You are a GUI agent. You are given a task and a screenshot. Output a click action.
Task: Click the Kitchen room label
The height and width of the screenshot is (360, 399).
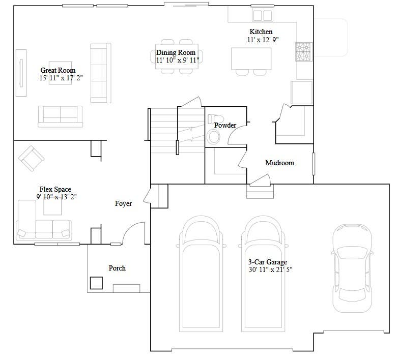(261, 32)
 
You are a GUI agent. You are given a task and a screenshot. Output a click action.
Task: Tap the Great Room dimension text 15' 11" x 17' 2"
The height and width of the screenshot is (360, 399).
(61, 78)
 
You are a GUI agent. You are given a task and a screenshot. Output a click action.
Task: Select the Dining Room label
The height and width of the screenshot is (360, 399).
(176, 52)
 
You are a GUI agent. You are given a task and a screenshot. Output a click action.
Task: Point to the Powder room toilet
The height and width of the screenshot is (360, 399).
(215, 119)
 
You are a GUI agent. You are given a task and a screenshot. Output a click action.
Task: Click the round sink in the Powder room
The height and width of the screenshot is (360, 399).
(214, 137)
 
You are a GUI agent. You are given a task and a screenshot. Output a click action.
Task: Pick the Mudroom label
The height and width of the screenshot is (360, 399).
(280, 163)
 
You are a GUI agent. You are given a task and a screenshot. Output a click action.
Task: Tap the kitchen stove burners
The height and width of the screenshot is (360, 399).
(304, 52)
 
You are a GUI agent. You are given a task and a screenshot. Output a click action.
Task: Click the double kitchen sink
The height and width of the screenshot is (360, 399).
(263, 15)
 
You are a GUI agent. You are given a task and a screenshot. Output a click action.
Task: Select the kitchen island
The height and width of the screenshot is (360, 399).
(251, 59)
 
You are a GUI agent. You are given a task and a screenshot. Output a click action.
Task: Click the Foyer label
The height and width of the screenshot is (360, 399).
(123, 203)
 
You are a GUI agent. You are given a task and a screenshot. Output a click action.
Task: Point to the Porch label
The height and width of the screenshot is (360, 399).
(117, 268)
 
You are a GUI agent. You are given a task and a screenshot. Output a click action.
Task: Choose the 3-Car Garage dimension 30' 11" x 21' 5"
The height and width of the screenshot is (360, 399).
(271, 269)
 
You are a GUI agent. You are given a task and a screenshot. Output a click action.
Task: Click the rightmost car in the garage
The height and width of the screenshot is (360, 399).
(352, 268)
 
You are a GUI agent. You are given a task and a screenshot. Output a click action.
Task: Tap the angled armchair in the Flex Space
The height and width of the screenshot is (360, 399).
(32, 159)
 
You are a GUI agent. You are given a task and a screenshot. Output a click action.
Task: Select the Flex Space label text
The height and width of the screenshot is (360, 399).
(55, 189)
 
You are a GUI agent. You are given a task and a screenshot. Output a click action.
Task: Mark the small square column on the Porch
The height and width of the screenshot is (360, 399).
(97, 283)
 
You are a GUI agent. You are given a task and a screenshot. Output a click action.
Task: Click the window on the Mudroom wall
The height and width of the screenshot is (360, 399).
(313, 164)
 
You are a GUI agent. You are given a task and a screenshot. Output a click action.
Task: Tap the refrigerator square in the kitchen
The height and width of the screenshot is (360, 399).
(301, 93)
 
